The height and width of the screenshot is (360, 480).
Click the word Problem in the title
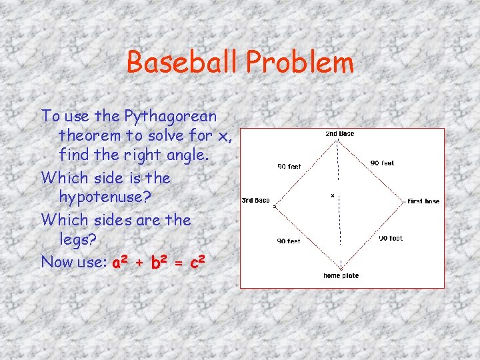click(299, 63)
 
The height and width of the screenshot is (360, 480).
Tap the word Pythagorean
click(170, 117)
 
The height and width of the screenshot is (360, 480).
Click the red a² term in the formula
click(120, 262)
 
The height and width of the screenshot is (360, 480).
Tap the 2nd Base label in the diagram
click(339, 134)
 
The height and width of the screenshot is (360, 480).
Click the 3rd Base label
click(255, 200)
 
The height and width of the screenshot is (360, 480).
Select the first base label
click(423, 201)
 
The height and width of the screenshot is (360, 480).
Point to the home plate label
click(341, 275)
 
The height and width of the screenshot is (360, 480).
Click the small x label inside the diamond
click(332, 196)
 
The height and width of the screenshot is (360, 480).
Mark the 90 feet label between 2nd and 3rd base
click(289, 167)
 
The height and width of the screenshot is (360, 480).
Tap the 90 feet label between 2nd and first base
click(382, 163)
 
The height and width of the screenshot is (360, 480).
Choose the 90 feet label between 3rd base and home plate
click(289, 241)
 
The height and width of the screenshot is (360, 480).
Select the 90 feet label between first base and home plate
click(391, 238)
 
